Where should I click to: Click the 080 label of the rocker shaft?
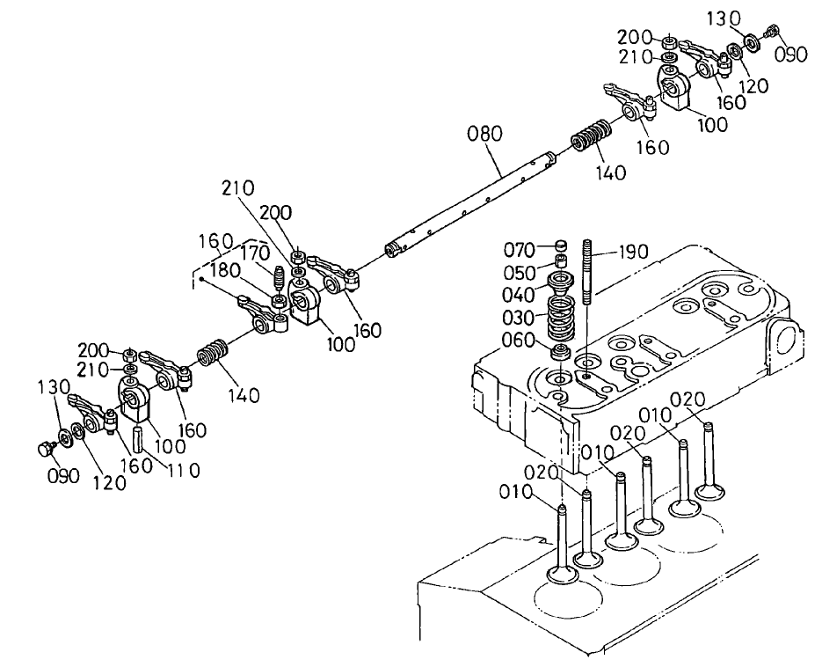(484, 135)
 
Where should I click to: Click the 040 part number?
(520, 293)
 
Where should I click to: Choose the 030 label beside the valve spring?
(520, 317)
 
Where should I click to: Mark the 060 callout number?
(520, 341)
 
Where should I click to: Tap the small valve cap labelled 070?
(560, 246)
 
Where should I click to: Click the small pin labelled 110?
(138, 436)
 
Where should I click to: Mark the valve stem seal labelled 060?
(557, 354)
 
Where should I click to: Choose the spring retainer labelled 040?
(560, 284)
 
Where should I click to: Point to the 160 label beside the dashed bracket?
(215, 241)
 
